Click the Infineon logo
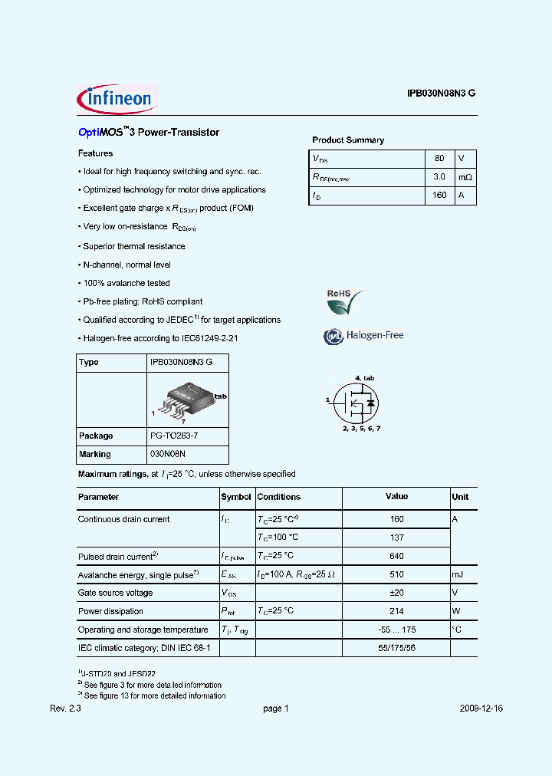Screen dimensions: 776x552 click(117, 98)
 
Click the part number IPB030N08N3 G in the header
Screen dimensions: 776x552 click(441, 93)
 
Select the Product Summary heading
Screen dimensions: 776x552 click(348, 140)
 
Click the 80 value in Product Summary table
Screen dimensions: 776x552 click(439, 159)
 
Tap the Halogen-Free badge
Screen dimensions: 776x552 click(363, 336)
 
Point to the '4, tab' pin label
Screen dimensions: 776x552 click(364, 378)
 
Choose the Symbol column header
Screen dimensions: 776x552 click(236, 497)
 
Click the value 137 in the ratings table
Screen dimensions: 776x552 click(396, 538)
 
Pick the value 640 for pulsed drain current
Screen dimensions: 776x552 click(396, 556)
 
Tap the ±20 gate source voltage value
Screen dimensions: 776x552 click(396, 593)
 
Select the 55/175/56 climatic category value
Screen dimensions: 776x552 click(396, 648)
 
